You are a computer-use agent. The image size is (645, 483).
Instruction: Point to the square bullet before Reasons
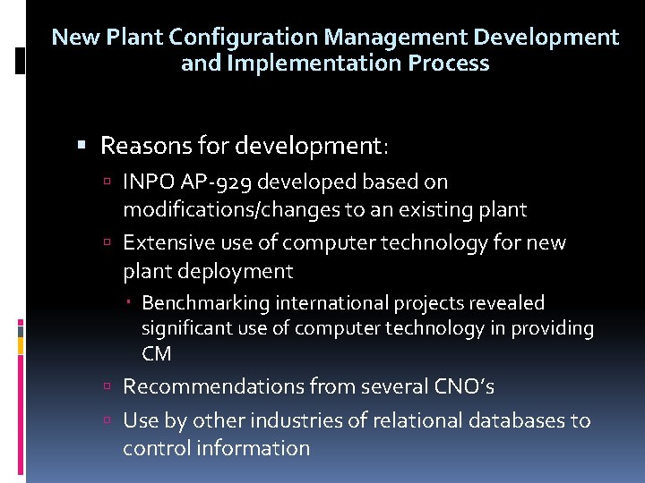[82, 145]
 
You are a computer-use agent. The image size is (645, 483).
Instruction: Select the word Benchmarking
[205, 303]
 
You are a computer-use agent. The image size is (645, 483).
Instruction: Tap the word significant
[186, 328]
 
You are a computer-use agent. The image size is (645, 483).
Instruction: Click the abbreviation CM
[156, 353]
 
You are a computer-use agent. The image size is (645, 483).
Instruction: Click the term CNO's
[464, 386]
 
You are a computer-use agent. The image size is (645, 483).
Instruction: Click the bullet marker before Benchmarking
[131, 304]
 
